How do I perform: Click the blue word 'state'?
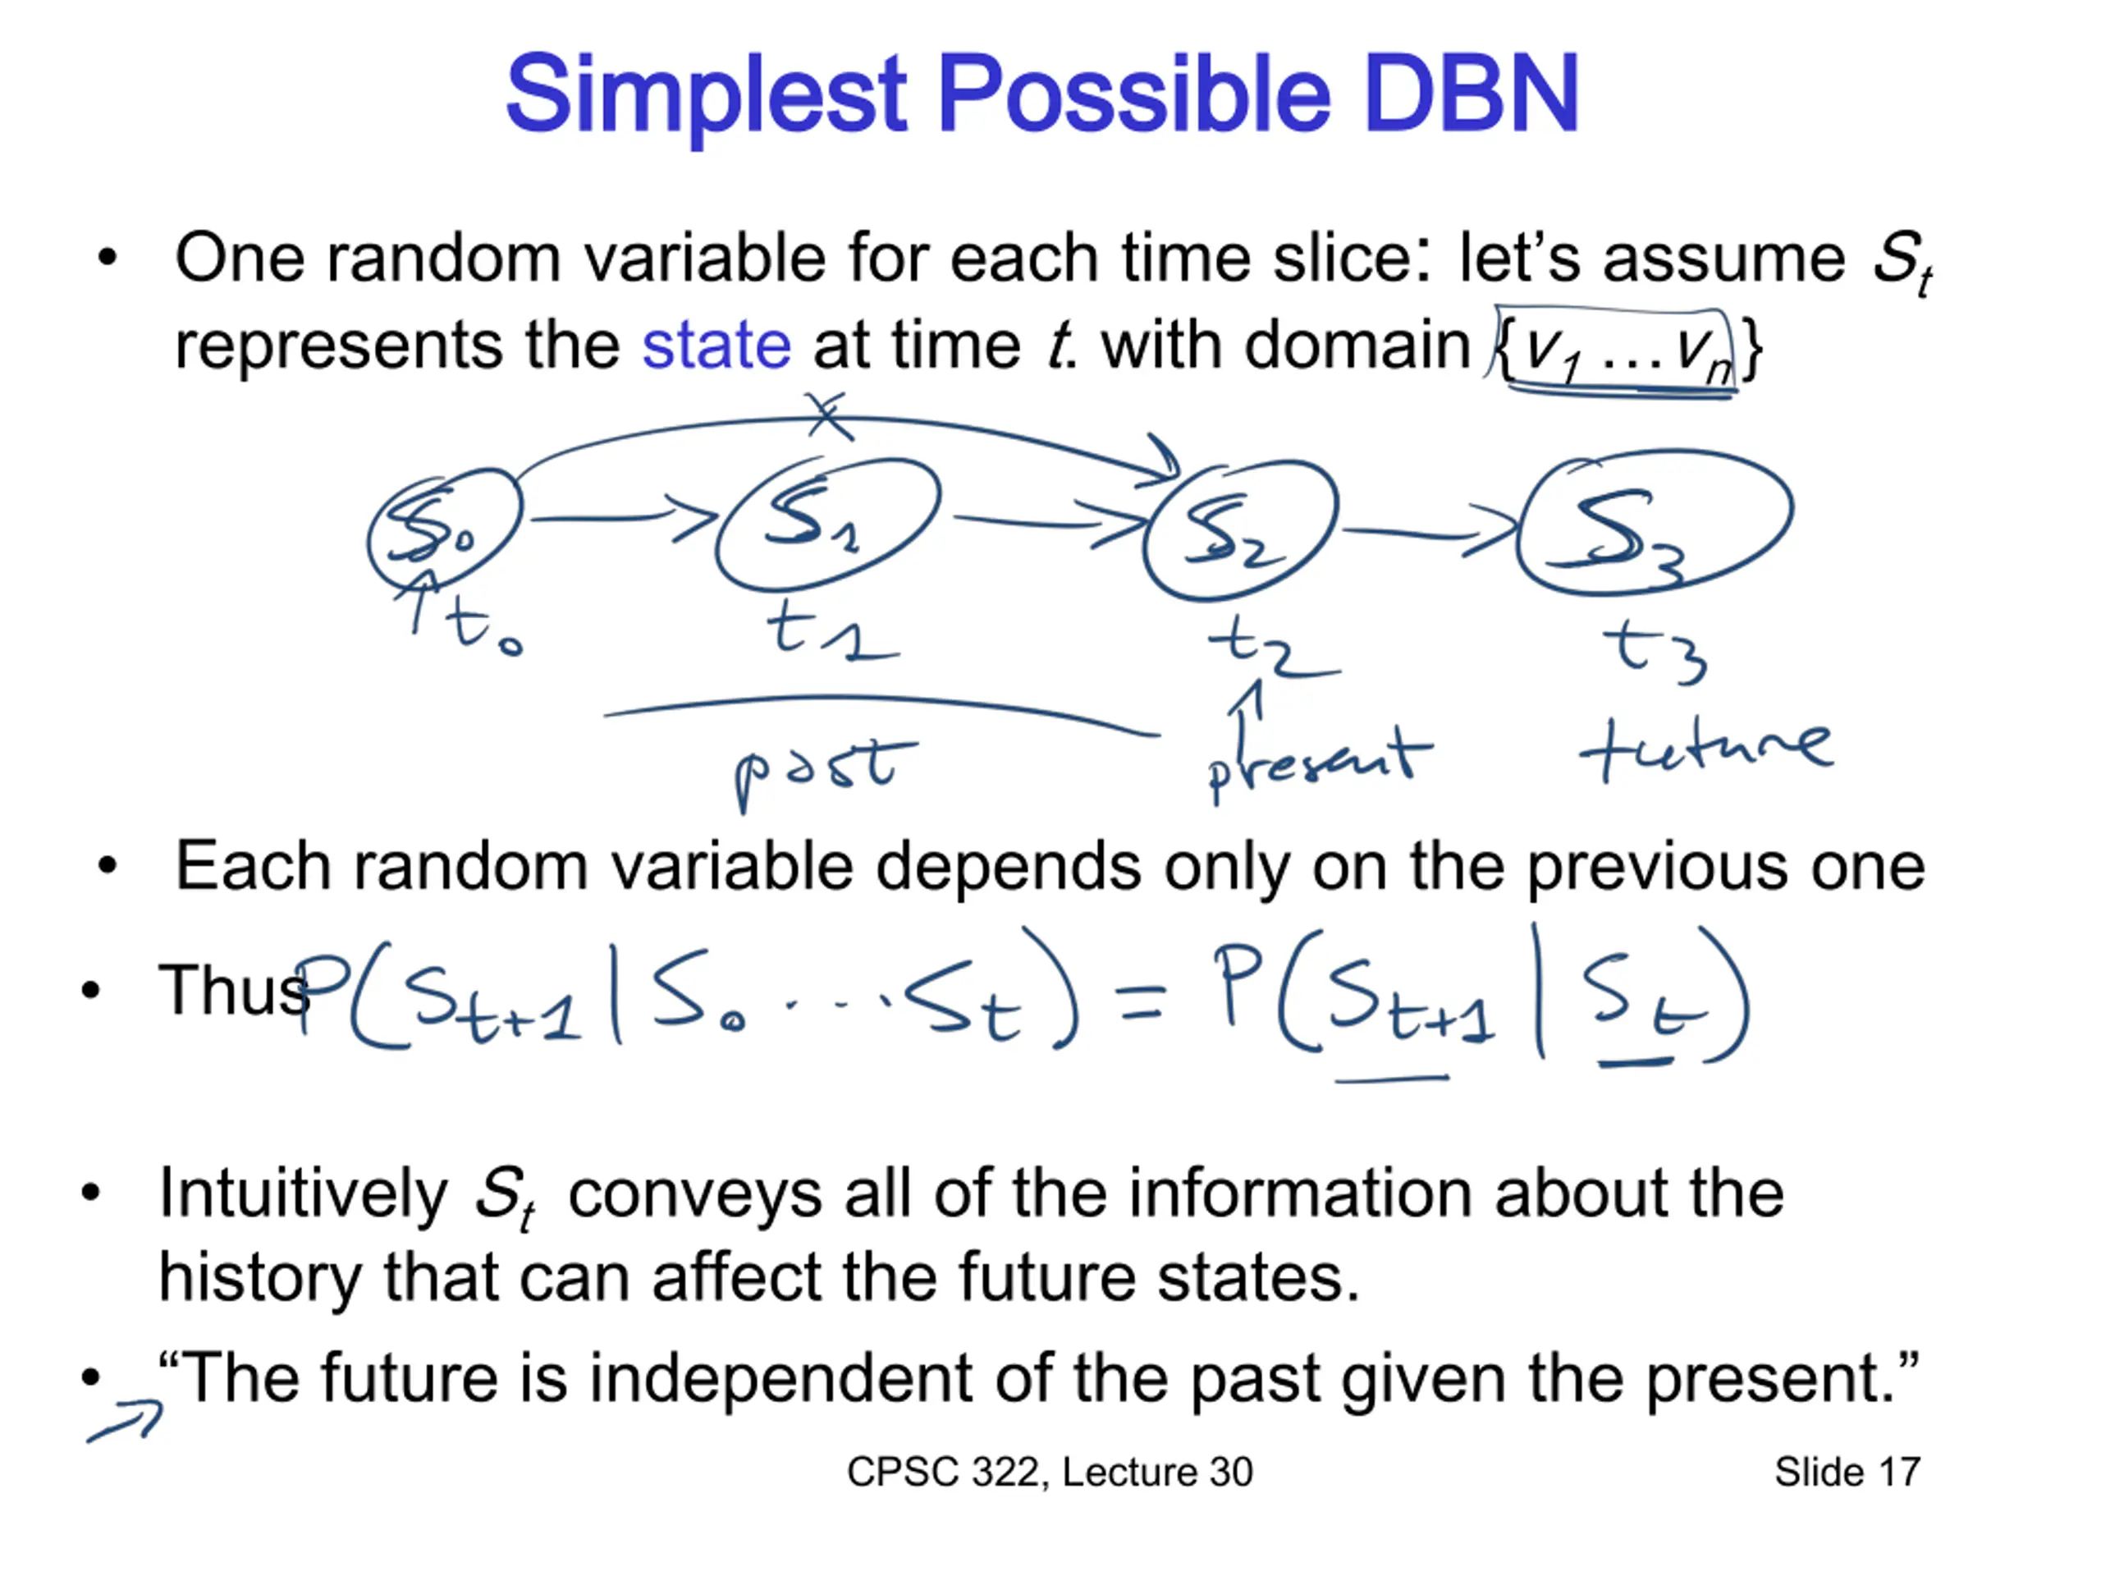pos(716,344)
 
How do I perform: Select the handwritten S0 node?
pos(445,530)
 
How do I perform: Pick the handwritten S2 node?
pos(1239,530)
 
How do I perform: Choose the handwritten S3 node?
pos(1654,523)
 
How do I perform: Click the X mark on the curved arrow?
pos(829,416)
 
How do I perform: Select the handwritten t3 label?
pos(1655,650)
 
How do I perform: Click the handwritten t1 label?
pos(832,629)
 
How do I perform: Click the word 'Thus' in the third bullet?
pos(233,991)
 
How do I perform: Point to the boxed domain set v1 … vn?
pos(1617,350)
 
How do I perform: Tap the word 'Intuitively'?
pos(303,1194)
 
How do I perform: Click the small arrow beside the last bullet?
pos(126,1420)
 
